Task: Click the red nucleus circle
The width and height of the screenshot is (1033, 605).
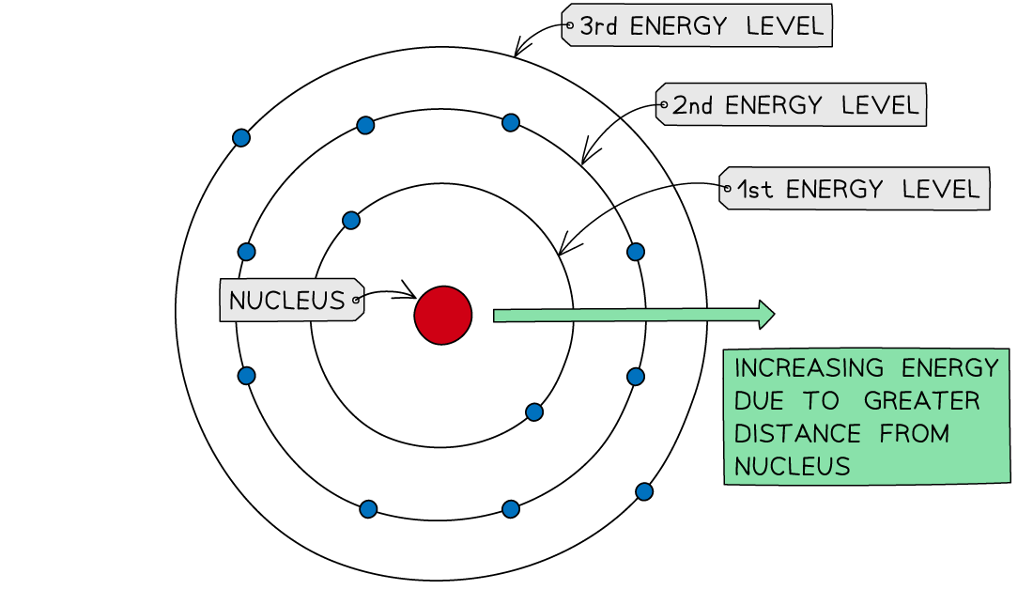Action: click(x=442, y=315)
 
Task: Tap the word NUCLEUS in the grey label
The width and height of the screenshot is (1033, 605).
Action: click(x=286, y=301)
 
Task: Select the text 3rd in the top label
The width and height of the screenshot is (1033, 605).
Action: click(x=599, y=26)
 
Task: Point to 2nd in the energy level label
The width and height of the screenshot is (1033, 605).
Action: click(x=693, y=105)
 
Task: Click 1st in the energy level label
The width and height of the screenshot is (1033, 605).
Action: click(x=754, y=190)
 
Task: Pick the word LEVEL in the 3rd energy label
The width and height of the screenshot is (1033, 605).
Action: click(x=784, y=26)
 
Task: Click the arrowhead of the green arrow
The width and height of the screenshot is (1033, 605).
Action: click(x=765, y=314)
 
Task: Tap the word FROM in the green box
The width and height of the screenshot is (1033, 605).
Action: click(x=914, y=434)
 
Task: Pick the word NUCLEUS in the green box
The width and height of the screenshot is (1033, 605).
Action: click(x=792, y=466)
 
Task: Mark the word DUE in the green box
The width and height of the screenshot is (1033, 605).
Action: click(x=760, y=401)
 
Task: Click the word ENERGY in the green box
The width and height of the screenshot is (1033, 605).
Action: click(x=948, y=367)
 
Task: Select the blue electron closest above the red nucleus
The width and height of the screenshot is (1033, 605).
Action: click(x=351, y=221)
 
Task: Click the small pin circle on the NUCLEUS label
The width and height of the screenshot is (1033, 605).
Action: click(x=356, y=301)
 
